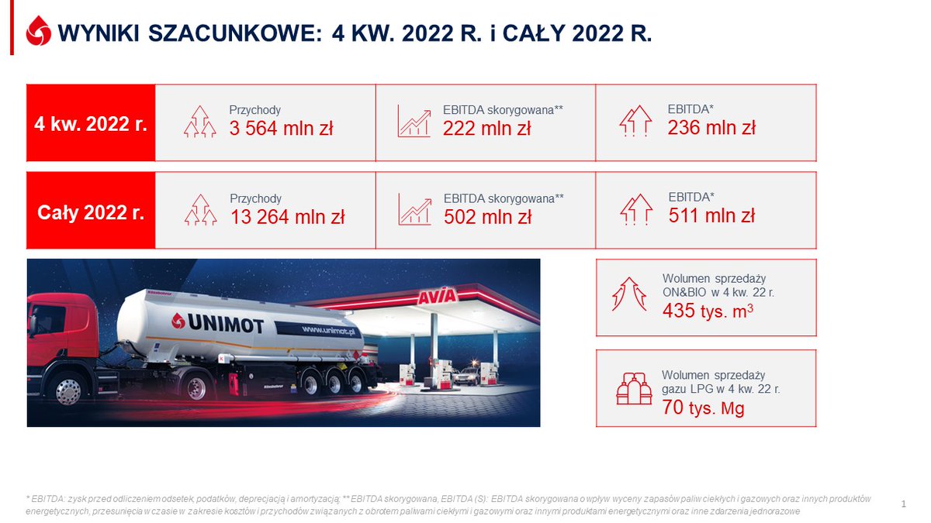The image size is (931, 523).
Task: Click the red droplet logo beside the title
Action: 38,33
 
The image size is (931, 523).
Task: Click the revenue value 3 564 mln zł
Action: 281,129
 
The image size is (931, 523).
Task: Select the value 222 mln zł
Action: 487,129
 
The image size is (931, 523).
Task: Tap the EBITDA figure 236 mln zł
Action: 711,128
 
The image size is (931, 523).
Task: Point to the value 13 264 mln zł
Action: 287,217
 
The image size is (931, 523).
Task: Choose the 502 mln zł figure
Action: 488,217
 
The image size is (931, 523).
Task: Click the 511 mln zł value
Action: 711,216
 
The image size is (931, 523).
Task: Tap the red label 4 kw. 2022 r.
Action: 91,124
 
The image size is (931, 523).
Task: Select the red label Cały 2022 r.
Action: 91,212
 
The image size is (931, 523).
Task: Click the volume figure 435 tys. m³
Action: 708,311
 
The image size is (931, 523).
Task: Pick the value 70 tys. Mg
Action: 703,408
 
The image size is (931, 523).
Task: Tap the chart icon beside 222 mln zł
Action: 414,122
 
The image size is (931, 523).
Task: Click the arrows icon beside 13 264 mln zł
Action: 199,210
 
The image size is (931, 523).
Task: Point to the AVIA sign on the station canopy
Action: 438,296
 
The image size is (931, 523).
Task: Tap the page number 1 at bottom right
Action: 904,504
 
